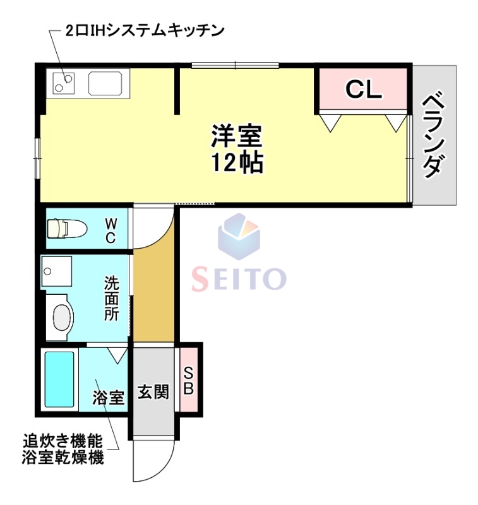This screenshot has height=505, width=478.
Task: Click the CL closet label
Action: click(364, 90)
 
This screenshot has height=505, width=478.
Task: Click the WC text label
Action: click(111, 230)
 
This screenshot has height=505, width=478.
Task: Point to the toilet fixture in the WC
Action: click(64, 227)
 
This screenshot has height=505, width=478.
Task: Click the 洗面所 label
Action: click(112, 299)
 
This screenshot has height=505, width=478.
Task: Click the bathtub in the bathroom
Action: click(59, 379)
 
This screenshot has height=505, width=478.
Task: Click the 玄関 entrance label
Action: click(153, 391)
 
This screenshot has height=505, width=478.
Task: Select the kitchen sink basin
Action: click(108, 83)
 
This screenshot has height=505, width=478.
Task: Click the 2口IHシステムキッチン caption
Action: click(145, 30)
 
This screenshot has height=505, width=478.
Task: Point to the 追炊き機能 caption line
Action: click(63, 441)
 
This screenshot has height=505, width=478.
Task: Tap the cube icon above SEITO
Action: click(239, 237)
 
